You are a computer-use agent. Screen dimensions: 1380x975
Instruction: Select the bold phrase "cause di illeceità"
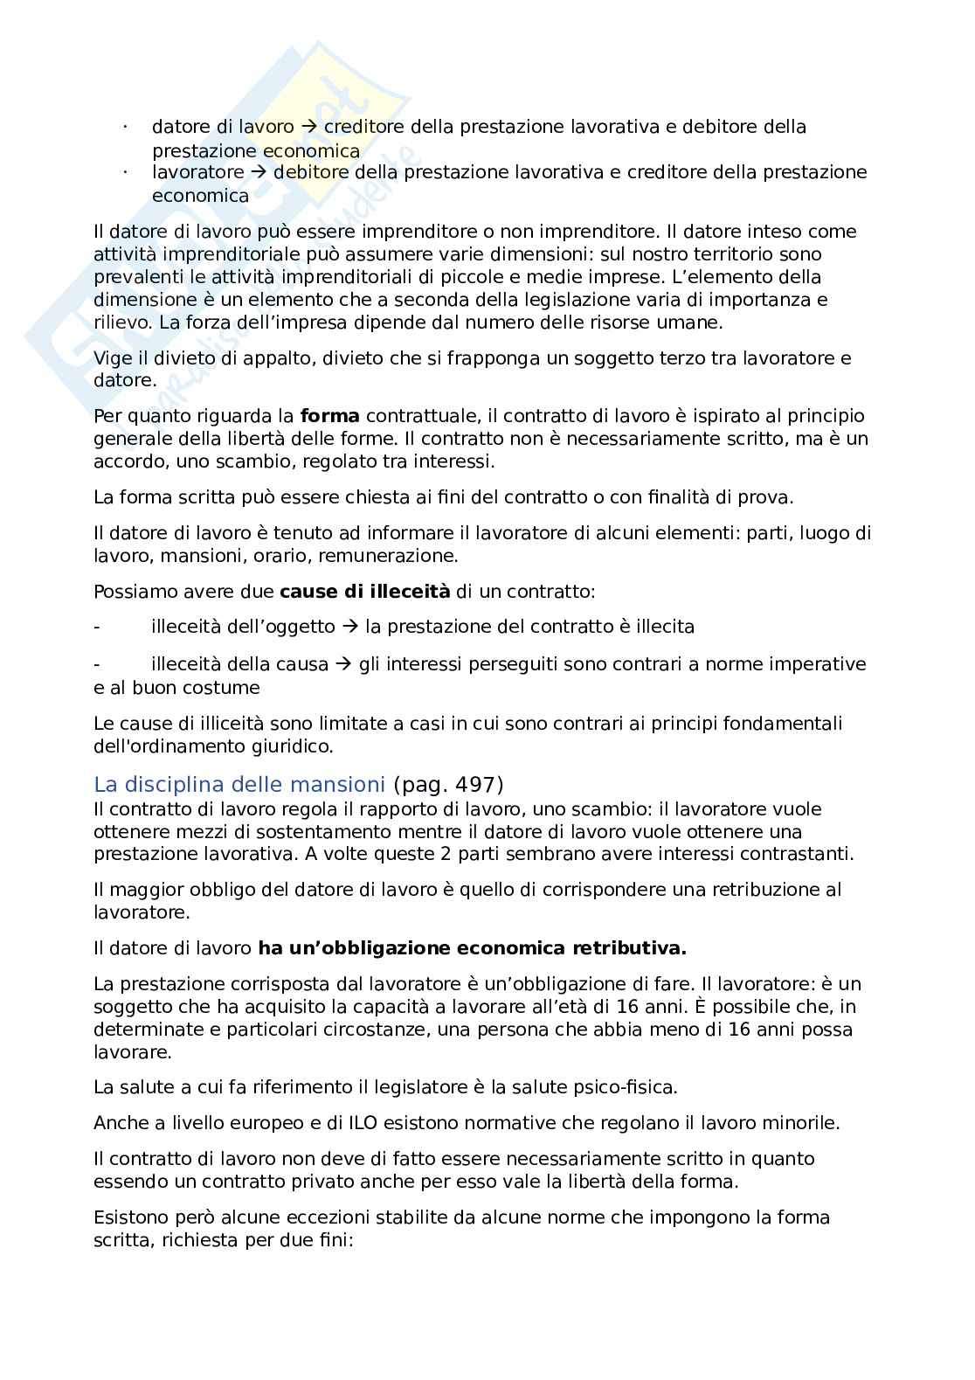pyautogui.click(x=364, y=592)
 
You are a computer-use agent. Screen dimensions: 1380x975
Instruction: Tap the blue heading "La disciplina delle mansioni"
pyautogui.click(x=239, y=784)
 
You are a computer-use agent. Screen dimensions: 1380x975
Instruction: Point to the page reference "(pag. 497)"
pyautogui.click(x=448, y=784)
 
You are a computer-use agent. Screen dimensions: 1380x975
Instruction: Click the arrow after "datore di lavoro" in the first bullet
pyautogui.click(x=308, y=128)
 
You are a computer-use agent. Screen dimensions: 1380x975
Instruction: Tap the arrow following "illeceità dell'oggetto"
pyautogui.click(x=349, y=627)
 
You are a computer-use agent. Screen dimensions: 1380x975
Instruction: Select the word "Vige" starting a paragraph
pyautogui.click(x=111, y=358)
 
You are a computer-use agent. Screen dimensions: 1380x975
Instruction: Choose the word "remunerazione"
pyautogui.click(x=409, y=556)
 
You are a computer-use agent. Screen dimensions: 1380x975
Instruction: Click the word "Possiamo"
pyautogui.click(x=131, y=592)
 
